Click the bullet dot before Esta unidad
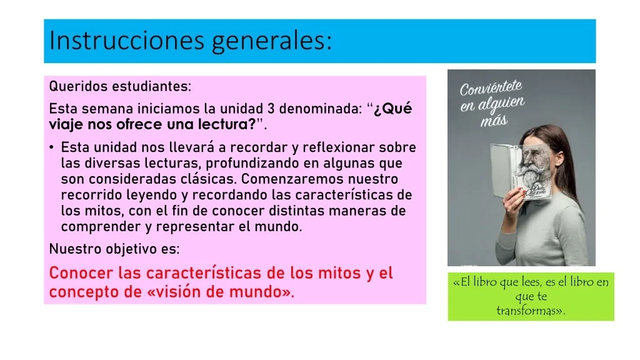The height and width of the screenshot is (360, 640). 51,147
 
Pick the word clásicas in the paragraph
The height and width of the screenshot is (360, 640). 212,179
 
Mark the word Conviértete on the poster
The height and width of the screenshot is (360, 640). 491,87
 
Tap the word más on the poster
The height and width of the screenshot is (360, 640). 494,121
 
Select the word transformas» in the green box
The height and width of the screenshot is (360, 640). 531,311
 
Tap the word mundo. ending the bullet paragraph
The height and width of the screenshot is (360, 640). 278,227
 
